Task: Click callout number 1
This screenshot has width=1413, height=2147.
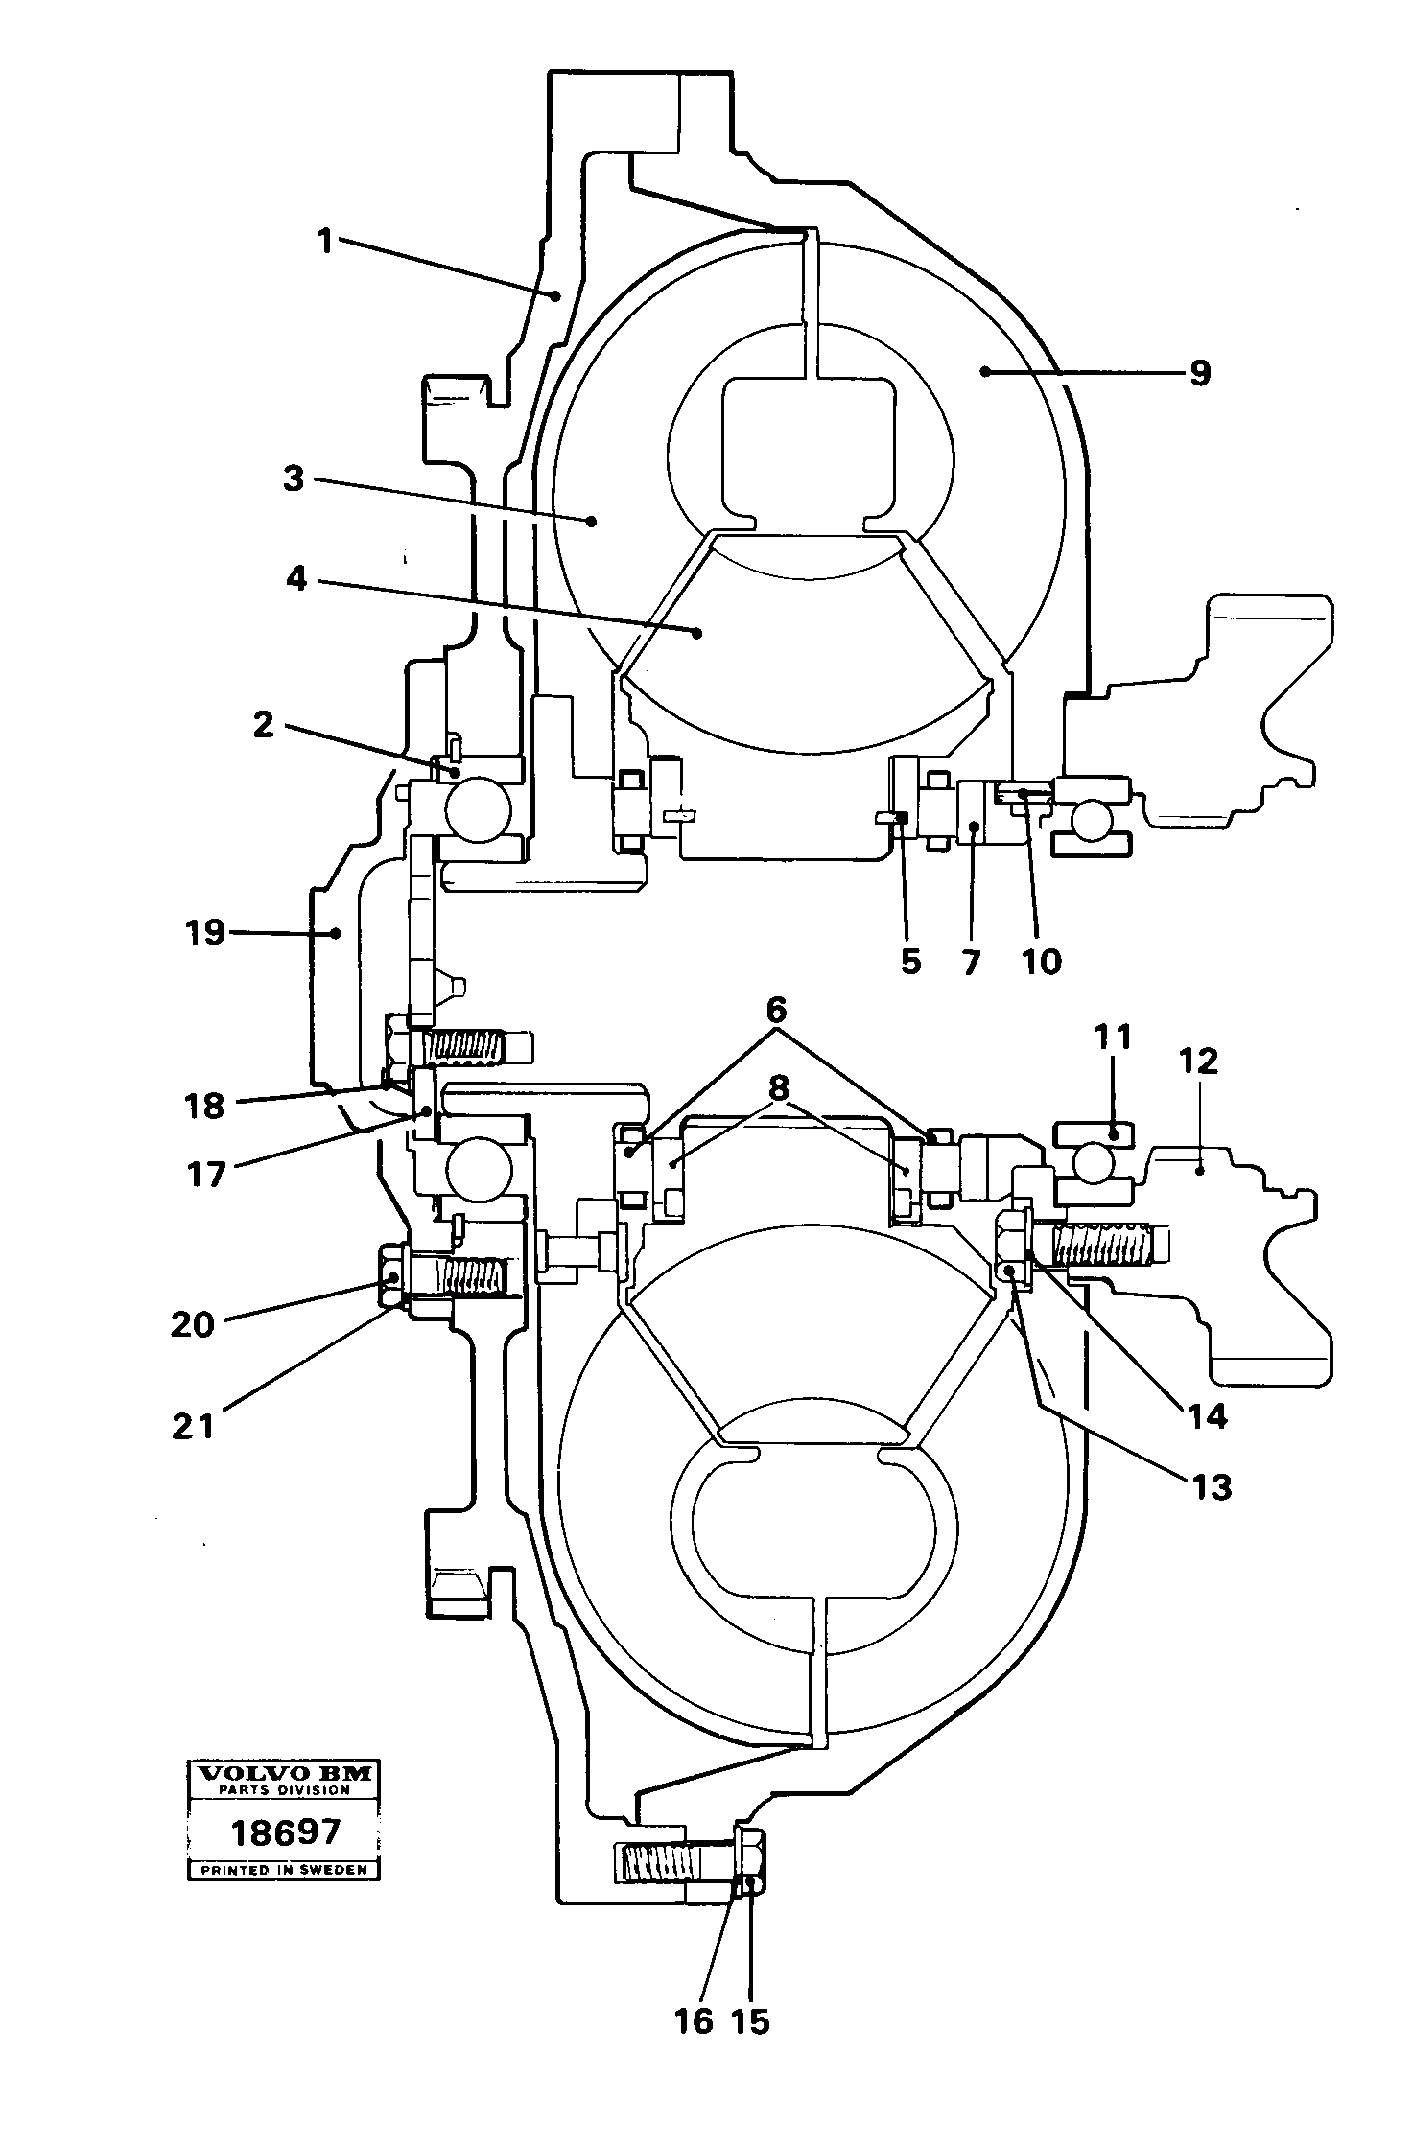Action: (325, 241)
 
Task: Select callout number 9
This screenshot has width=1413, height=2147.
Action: (1199, 373)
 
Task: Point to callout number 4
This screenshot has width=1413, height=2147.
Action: (296, 578)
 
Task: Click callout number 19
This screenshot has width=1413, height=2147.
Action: (205, 932)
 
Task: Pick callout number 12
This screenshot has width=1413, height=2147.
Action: (1199, 1061)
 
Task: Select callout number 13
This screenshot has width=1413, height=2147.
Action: (1212, 1487)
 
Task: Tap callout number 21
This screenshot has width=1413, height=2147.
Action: (193, 1426)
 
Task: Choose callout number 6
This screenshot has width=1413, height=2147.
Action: (776, 1010)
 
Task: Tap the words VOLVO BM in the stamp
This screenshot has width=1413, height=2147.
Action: (284, 1773)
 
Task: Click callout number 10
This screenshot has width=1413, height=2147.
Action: (1042, 961)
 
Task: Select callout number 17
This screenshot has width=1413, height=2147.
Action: (206, 1174)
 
